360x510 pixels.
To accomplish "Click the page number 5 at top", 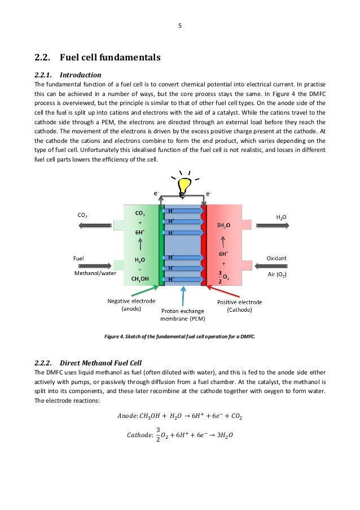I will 180,25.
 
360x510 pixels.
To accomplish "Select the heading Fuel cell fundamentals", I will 99,57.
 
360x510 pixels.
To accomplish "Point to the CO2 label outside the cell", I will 82,215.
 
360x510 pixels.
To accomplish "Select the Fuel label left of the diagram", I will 80,258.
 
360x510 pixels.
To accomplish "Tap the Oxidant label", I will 276,258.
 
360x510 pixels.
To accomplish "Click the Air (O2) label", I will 276,275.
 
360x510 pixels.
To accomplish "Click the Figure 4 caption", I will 180,337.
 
